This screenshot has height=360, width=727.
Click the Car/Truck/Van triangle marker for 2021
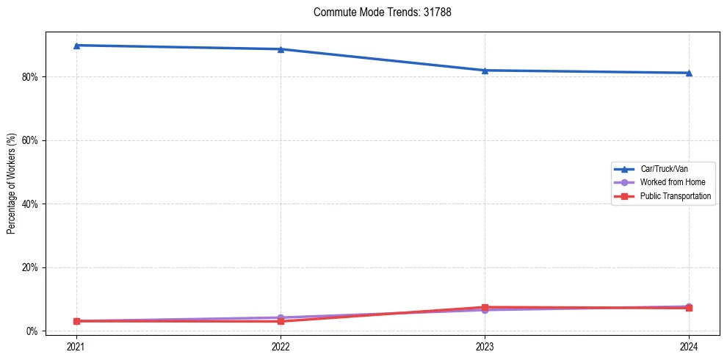pyautogui.click(x=76, y=46)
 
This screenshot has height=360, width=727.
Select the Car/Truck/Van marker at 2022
pyautogui.click(x=281, y=49)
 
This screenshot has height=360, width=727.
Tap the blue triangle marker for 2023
pyautogui.click(x=485, y=71)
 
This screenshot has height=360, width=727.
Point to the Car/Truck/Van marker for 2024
pyautogui.click(x=689, y=73)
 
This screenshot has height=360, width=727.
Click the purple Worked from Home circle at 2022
pyautogui.click(x=281, y=317)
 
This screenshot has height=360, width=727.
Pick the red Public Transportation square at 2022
pyautogui.click(x=281, y=321)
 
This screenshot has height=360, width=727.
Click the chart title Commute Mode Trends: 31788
pyautogui.click(x=377, y=12)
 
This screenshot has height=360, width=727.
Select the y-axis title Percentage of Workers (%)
pyautogui.click(x=11, y=184)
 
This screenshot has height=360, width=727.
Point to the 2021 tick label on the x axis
pyautogui.click(x=76, y=345)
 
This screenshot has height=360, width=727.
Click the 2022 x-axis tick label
pyautogui.click(x=281, y=345)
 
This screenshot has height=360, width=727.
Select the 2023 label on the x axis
pyautogui.click(x=485, y=345)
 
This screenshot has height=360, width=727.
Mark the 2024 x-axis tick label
pyautogui.click(x=689, y=345)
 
